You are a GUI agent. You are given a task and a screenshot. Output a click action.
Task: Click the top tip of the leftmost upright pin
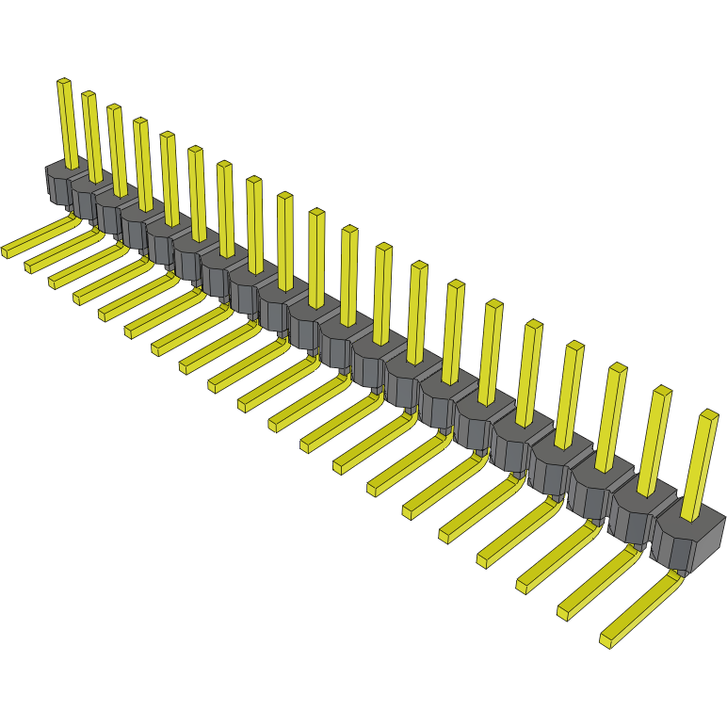click(63, 82)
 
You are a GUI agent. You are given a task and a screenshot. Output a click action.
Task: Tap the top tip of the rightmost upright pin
click(709, 413)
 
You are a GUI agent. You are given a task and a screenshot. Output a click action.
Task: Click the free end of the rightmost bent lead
click(606, 639)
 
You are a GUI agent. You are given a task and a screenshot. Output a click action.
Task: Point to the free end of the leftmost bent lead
click(8, 250)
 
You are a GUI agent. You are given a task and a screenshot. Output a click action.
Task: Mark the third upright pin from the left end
click(118, 146)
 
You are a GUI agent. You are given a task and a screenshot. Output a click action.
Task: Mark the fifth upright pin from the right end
click(530, 372)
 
